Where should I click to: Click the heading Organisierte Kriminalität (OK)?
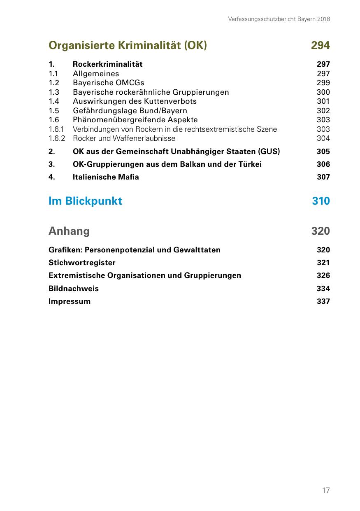point(128,45)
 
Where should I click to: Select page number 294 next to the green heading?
point(321,45)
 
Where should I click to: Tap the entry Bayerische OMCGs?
point(109,83)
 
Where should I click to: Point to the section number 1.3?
point(54,92)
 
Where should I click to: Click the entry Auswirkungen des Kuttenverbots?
point(135,101)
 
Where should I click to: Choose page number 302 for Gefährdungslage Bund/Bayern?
point(323,111)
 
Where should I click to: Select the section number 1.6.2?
point(57,139)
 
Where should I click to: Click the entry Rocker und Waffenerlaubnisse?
point(124,139)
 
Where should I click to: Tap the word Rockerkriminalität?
point(108,64)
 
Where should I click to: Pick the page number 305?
point(323,152)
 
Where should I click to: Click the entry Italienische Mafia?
point(106,177)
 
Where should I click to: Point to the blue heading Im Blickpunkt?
point(85,201)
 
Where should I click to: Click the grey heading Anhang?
point(69,231)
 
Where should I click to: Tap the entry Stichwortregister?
point(82,263)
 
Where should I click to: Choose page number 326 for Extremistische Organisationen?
point(323,275)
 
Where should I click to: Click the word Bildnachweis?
point(74,288)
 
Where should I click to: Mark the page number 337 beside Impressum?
point(323,301)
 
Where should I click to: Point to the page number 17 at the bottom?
point(326,490)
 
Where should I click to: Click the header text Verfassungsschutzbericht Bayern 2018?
point(279,19)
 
